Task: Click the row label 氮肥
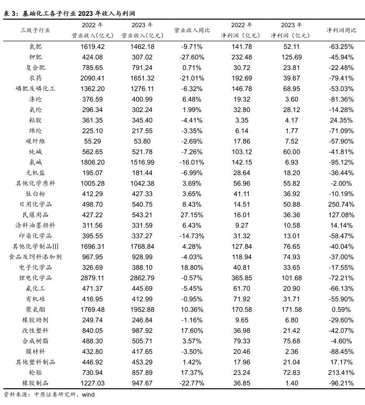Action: coord(36,46)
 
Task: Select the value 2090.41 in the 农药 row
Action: coord(92,78)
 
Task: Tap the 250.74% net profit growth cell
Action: coord(341,204)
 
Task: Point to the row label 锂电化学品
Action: coord(36,278)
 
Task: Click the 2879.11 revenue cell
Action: coord(92,278)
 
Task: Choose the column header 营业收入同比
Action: coord(192,31)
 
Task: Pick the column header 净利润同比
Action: coord(341,31)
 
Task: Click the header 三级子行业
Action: coord(36,31)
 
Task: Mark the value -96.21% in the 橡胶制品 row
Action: coord(341,383)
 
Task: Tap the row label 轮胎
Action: coord(36,372)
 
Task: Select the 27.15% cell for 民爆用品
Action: coord(192,215)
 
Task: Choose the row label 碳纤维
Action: coord(36,141)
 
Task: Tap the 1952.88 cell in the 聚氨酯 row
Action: coord(142,309)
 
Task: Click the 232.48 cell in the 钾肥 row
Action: coord(242,57)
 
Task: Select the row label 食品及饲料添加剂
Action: coord(36,257)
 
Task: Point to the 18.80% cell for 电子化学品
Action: coord(192,267)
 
